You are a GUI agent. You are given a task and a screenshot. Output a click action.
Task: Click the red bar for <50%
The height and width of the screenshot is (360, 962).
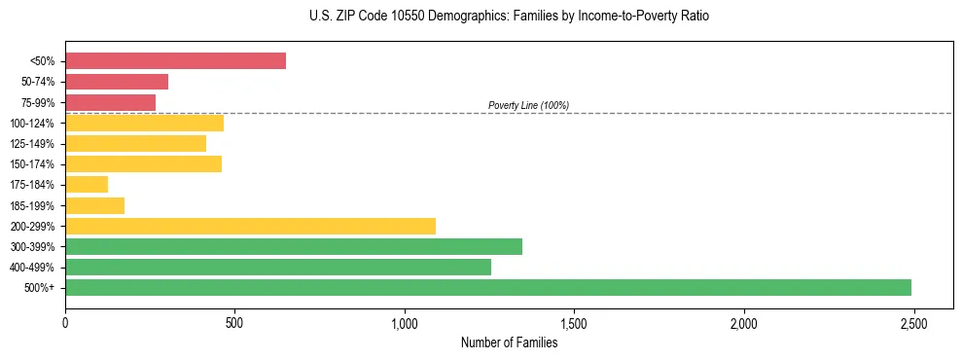point(175,61)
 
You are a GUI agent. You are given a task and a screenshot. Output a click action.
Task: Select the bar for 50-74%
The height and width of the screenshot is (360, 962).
point(117,82)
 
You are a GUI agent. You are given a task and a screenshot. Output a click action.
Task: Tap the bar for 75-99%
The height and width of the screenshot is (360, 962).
point(110,102)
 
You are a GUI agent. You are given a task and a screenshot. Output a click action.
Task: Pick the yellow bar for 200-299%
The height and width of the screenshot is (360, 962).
point(250,226)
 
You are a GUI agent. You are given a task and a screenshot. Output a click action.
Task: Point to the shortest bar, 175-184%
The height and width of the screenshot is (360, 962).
point(87,185)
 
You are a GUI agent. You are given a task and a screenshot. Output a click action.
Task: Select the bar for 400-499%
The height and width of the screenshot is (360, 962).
point(278,267)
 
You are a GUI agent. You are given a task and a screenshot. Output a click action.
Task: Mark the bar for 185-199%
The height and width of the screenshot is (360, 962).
point(94,205)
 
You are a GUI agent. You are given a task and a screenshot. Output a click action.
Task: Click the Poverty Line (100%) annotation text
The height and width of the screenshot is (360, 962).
point(528,105)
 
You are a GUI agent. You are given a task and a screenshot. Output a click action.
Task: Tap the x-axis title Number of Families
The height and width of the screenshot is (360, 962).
point(509,342)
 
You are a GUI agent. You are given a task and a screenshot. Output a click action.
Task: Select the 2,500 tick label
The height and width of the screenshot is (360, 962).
point(913,322)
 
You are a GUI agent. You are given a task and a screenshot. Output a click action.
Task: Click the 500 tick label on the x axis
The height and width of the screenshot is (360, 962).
point(234,322)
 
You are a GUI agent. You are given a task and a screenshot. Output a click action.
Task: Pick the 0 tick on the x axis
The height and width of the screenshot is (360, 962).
point(65,322)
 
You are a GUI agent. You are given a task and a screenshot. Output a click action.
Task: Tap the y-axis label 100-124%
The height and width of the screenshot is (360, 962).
point(32,124)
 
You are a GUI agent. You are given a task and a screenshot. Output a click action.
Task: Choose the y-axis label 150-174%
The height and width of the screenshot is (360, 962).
point(32,164)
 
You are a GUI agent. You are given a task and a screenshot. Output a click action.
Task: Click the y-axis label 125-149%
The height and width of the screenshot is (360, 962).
point(32,144)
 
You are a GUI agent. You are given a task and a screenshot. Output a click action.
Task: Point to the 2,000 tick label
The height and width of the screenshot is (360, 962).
point(743,322)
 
